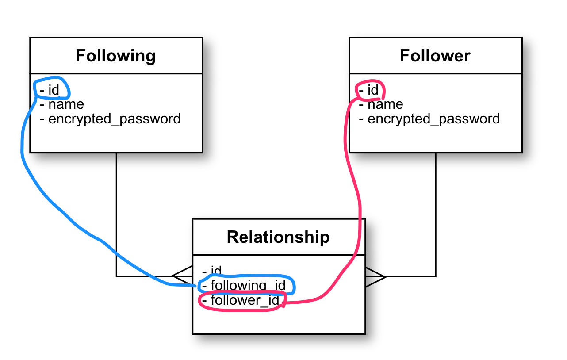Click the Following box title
(115, 56)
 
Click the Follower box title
(435, 56)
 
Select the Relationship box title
(278, 237)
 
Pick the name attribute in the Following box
(66, 104)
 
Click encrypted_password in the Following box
(114, 119)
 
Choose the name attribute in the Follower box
(385, 104)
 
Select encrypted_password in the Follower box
(433, 119)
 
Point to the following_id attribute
(248, 285)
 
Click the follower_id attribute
(245, 300)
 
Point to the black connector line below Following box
(116, 212)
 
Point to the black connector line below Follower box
(436, 212)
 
